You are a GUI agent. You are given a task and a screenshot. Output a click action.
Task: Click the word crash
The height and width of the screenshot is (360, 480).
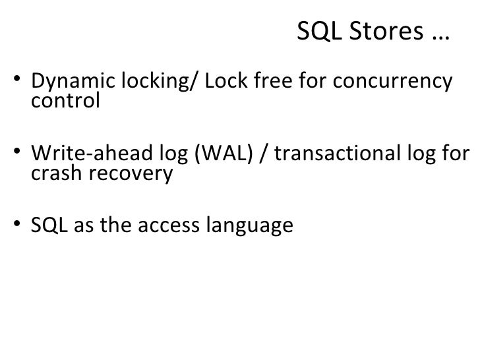tap(53, 175)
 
